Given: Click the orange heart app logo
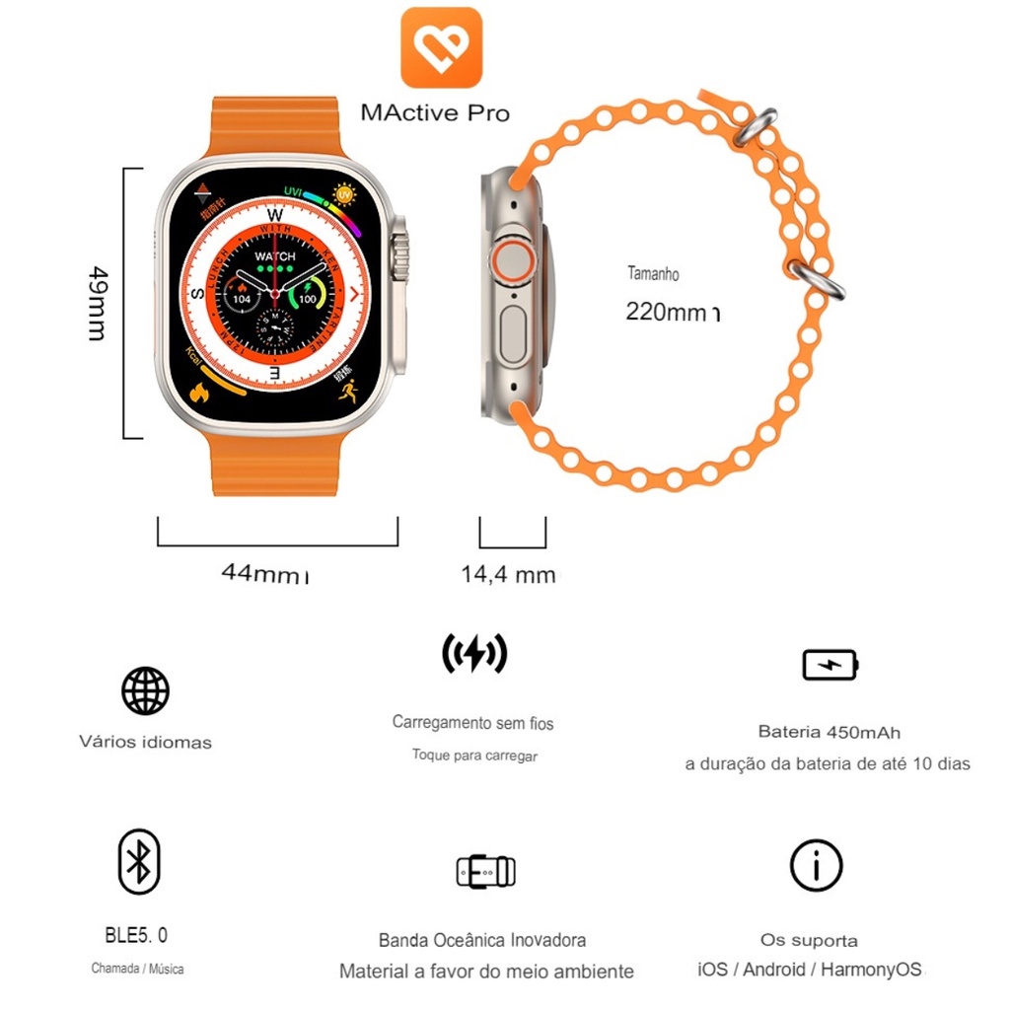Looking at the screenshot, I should [x=441, y=47].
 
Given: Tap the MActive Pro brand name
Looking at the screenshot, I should [x=435, y=112].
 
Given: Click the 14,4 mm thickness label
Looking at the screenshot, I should [x=508, y=574].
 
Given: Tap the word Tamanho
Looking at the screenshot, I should [x=653, y=273].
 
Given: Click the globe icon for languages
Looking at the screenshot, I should [x=145, y=690].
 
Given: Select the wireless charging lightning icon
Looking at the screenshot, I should [x=474, y=653].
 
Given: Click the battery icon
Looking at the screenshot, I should [x=830, y=665].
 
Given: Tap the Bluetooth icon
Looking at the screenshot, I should [x=139, y=861].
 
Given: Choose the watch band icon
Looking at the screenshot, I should [x=485, y=871].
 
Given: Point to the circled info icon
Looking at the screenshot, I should [x=817, y=866].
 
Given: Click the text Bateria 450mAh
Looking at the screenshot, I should [x=829, y=732].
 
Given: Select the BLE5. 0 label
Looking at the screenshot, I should [x=136, y=935].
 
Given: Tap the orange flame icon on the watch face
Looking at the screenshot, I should [x=200, y=392].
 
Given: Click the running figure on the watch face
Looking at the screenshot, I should [x=348, y=392].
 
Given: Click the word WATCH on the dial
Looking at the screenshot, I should [x=274, y=256].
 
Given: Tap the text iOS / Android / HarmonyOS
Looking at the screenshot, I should [x=810, y=970].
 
